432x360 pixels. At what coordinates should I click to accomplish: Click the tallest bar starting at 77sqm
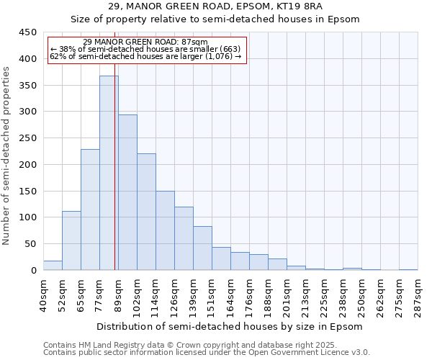coord(109,173)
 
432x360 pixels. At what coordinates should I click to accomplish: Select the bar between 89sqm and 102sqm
coord(127,192)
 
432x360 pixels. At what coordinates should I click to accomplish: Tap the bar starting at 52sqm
coord(71,240)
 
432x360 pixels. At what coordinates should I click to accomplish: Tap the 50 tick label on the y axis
coord(30,244)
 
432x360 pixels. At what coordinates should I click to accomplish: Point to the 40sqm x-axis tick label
coord(44,296)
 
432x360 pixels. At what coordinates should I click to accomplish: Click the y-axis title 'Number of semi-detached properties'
coord(6,156)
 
